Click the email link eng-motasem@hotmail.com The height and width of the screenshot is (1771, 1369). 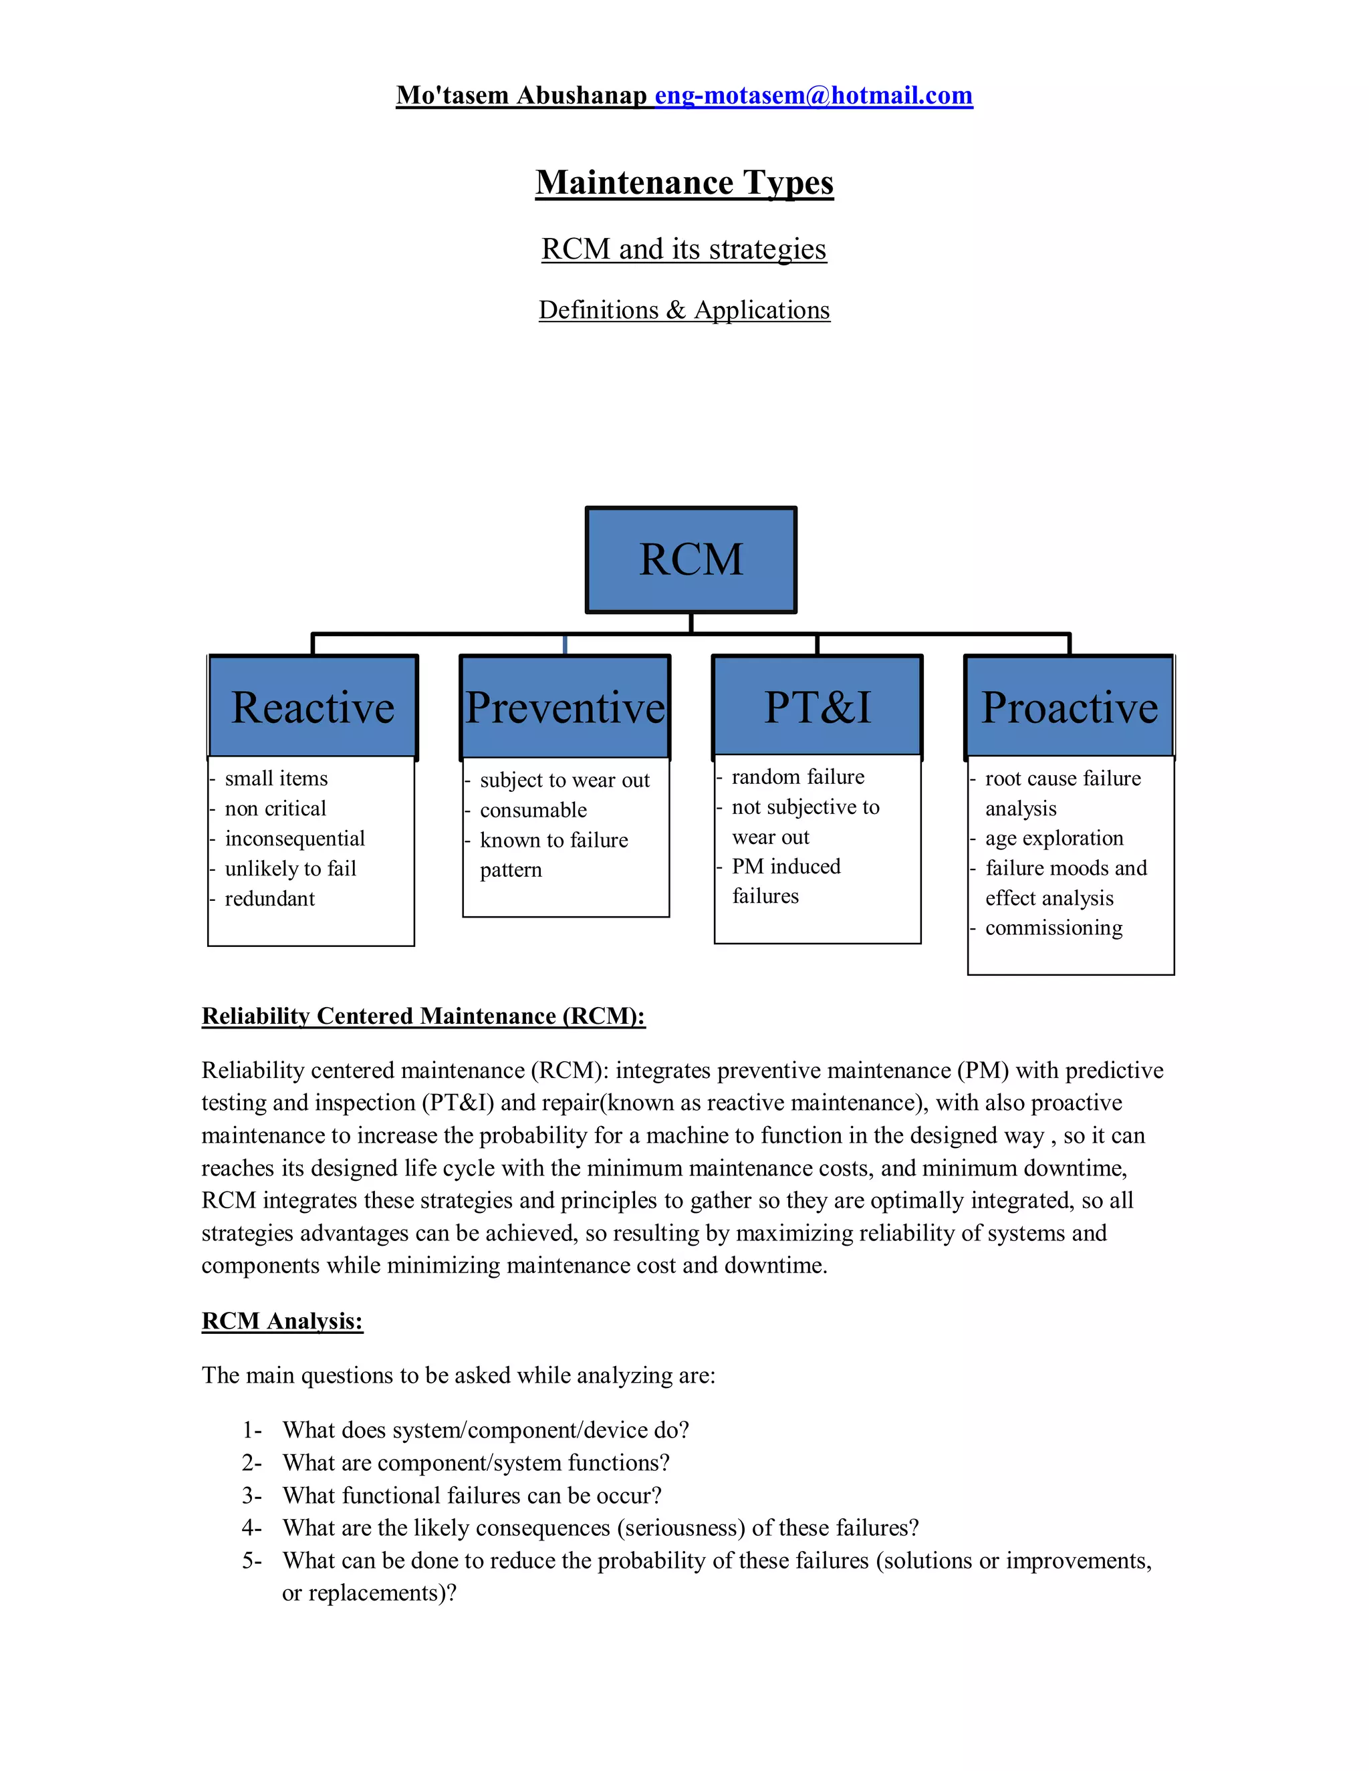(x=814, y=96)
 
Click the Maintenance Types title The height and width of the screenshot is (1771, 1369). (x=684, y=182)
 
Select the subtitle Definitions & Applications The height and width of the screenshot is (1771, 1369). (x=684, y=310)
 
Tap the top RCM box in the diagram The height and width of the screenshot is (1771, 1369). (x=691, y=559)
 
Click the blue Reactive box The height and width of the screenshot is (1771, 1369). (x=313, y=707)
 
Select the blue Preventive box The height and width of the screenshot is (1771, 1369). (x=566, y=707)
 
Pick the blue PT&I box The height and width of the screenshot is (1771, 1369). (x=818, y=707)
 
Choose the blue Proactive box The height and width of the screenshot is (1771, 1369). (x=1069, y=707)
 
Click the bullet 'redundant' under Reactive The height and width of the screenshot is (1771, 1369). (x=269, y=898)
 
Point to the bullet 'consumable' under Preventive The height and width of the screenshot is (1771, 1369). (x=533, y=810)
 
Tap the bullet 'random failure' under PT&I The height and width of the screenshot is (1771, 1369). (x=797, y=777)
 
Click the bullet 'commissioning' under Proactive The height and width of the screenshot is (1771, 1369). (x=1053, y=928)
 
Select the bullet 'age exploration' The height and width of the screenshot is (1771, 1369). (x=1053, y=837)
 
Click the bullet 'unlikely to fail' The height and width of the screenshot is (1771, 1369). (x=290, y=869)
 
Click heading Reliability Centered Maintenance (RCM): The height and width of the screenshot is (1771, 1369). (x=423, y=1016)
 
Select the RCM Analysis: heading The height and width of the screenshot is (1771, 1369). (x=282, y=1321)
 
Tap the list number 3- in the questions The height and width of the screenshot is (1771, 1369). (x=251, y=1495)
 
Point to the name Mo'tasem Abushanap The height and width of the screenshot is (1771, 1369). (x=521, y=96)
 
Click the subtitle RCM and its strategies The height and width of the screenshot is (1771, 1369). (x=684, y=249)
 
